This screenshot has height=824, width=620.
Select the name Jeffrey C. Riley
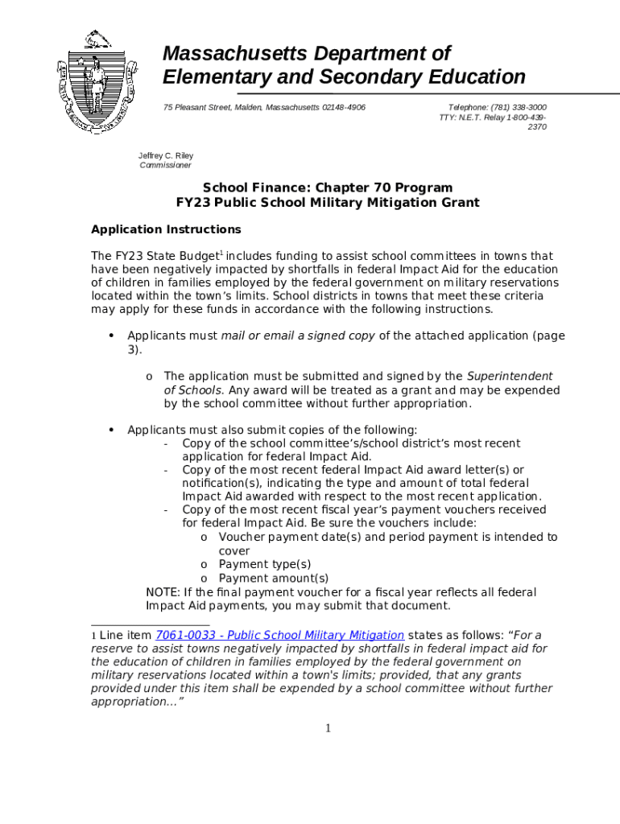(x=166, y=155)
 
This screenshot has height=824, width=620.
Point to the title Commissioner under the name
(x=166, y=165)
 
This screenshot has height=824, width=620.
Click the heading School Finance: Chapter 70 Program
(x=327, y=187)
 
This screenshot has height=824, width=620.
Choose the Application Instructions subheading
(x=166, y=229)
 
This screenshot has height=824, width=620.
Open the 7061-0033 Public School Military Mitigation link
(x=279, y=634)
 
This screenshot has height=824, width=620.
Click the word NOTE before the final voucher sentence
(x=162, y=592)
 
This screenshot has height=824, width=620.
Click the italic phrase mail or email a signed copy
(x=297, y=336)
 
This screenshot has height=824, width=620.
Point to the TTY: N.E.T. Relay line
(x=493, y=117)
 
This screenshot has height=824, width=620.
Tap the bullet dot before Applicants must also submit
(x=110, y=430)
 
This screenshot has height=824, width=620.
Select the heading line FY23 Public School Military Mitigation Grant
(x=327, y=203)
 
